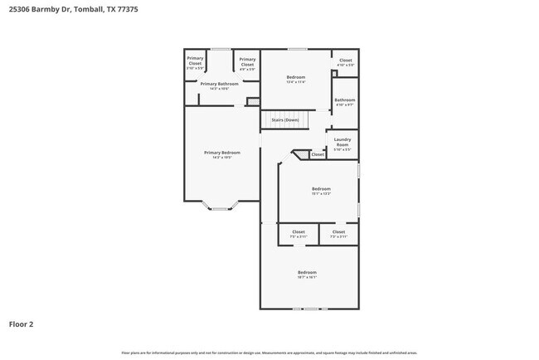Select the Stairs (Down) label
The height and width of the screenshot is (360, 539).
pos(285,120)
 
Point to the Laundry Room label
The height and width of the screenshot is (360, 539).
pos(342,143)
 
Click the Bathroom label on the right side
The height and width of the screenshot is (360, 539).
pos(345,102)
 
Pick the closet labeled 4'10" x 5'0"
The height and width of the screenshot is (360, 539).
pos(345,62)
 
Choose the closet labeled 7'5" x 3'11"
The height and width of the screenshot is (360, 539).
pos(299,234)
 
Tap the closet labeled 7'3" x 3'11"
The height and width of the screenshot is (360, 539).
pos(338,234)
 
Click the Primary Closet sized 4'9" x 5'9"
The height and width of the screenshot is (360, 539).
pos(247,62)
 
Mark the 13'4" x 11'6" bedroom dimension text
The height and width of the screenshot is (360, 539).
pos(296,82)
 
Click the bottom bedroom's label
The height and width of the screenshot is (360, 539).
pos(307,275)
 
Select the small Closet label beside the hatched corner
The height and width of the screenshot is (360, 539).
pos(318,154)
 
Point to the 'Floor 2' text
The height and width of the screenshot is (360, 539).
pos(22,324)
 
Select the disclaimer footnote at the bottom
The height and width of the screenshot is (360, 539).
pos(269,353)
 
